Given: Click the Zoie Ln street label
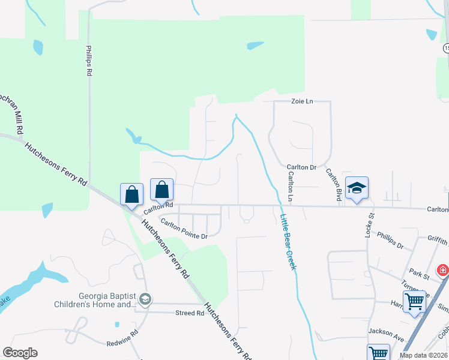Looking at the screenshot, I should point(303,101).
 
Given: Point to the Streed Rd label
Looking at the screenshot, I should point(190,313).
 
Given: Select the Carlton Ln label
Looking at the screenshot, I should point(291,186).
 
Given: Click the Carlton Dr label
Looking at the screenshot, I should point(301,167).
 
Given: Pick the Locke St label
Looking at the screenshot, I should point(370,224).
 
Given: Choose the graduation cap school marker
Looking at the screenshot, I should point(357,188).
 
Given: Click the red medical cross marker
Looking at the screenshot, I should point(442,271).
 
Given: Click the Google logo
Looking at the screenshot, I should point(20,352).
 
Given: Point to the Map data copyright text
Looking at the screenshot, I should point(424,355).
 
